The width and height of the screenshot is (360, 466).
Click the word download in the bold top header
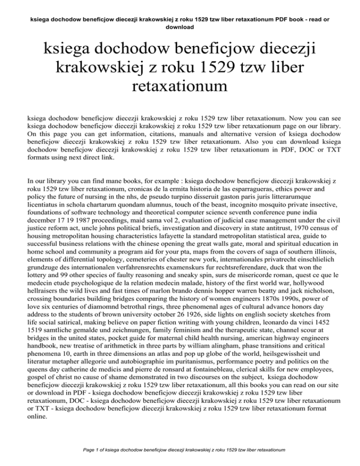coord(180,27)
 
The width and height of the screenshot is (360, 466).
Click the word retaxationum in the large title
coord(180,87)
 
